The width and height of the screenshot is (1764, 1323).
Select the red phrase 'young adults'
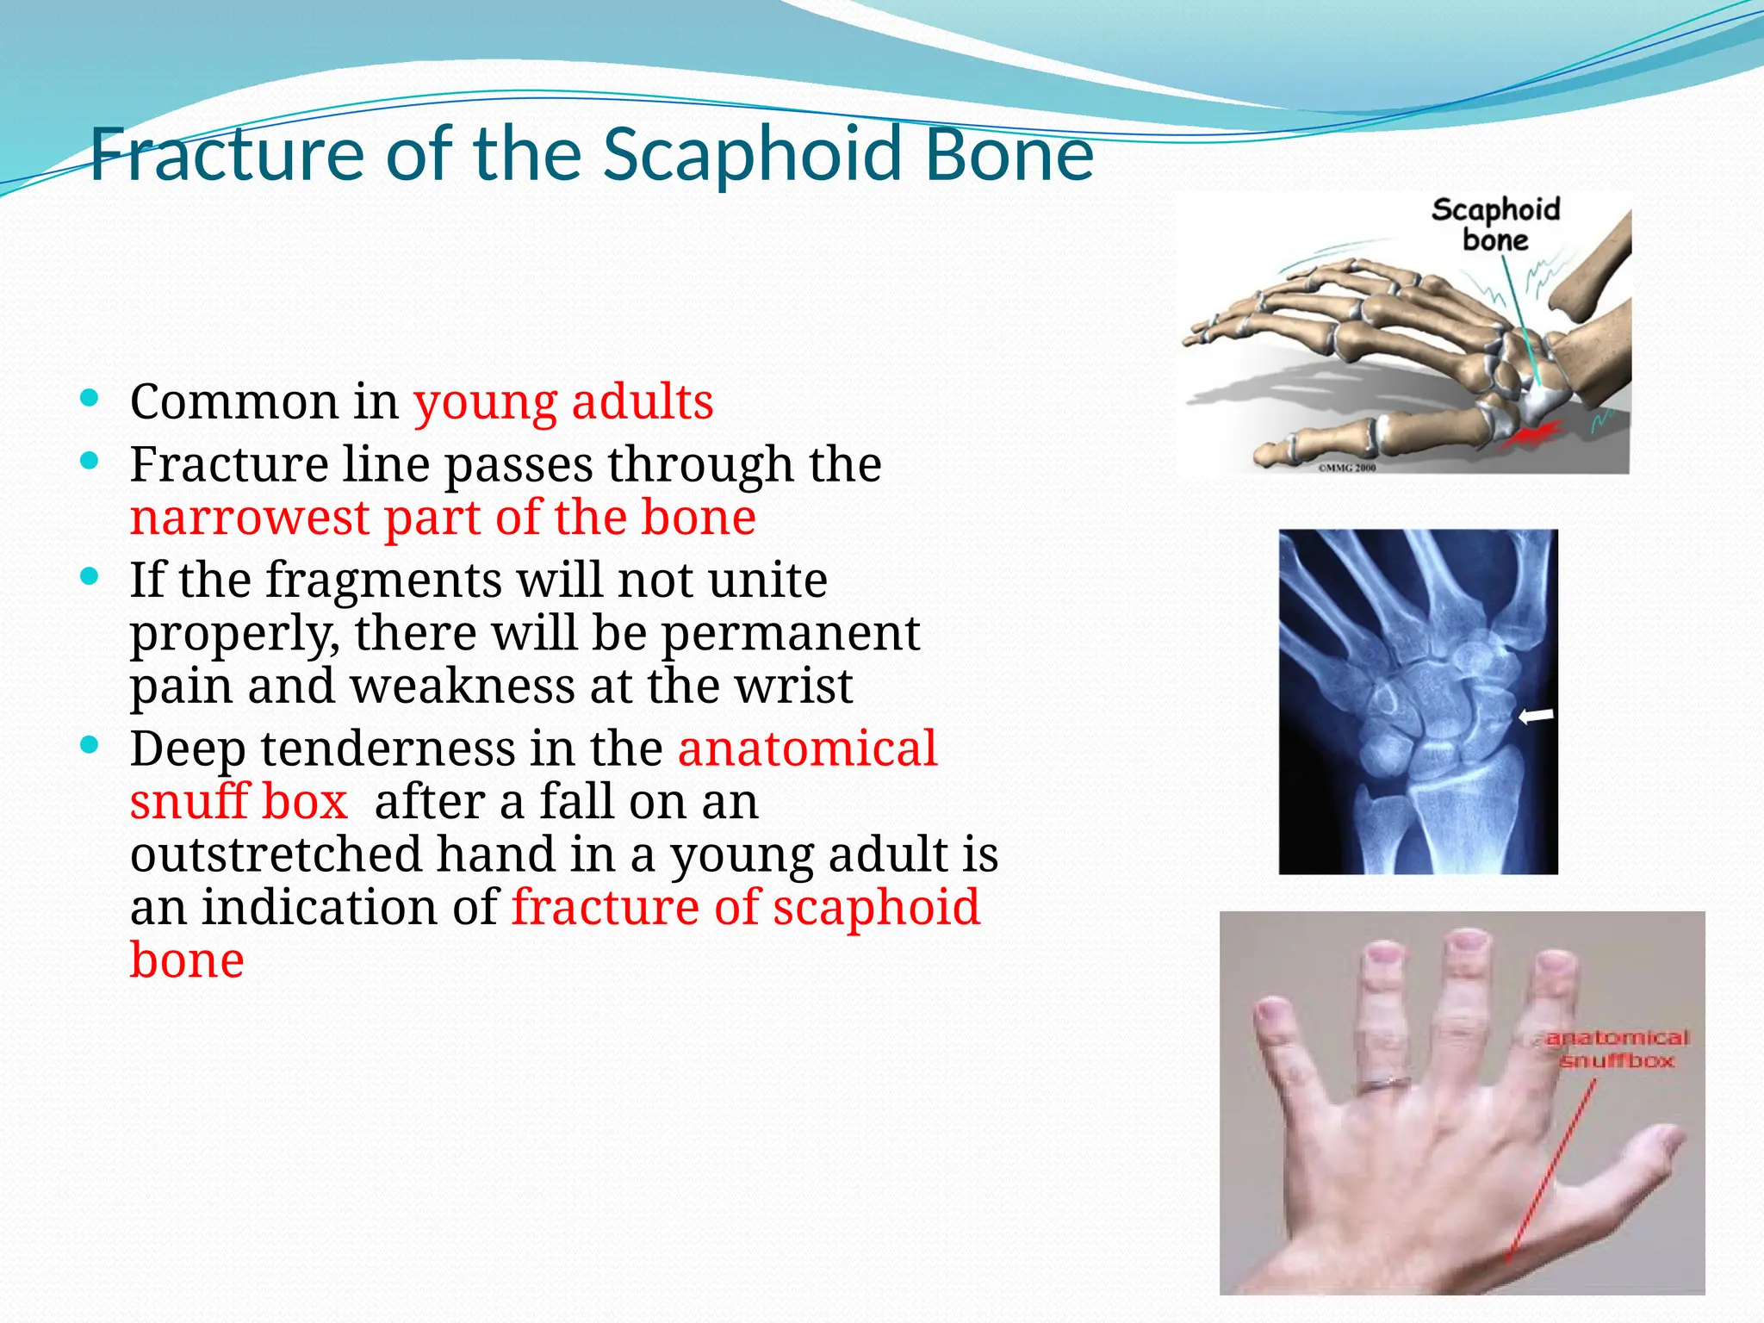[x=563, y=402]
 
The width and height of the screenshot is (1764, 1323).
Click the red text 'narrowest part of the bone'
[x=443, y=519]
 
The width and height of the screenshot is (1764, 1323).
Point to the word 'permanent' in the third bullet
[x=790, y=633]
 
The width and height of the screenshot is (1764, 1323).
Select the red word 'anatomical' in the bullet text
[x=807, y=748]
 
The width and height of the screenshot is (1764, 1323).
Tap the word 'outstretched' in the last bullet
[x=276, y=854]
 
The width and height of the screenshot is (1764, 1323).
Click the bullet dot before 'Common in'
[x=89, y=398]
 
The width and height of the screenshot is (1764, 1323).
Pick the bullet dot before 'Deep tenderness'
[x=89, y=745]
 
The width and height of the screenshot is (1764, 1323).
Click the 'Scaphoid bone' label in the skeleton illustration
[x=1495, y=225]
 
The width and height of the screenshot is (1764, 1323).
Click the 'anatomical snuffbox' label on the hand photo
[x=1617, y=1049]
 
